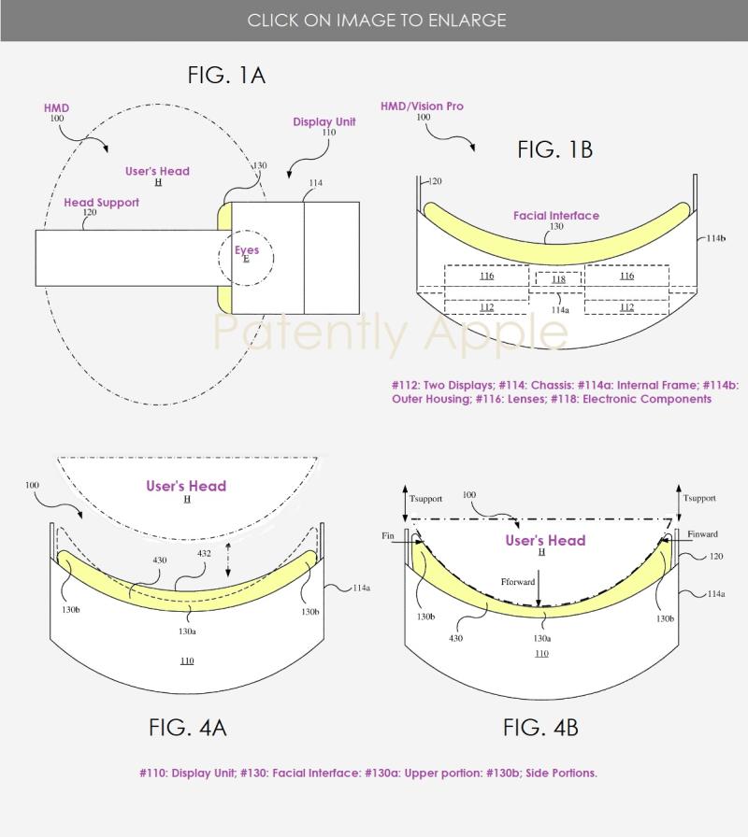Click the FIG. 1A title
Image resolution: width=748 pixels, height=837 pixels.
(x=226, y=75)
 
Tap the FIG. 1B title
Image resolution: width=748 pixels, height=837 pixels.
(x=555, y=149)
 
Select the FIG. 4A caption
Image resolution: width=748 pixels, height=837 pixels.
(x=188, y=728)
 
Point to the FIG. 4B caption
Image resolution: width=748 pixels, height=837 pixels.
(x=540, y=728)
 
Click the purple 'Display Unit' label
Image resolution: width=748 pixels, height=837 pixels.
(x=324, y=121)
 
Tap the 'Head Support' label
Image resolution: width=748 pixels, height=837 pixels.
(x=102, y=203)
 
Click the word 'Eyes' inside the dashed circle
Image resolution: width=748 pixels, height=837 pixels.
(x=247, y=249)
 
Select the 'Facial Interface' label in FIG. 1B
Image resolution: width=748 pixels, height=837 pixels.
(x=556, y=216)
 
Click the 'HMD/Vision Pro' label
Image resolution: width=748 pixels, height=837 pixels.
(x=422, y=106)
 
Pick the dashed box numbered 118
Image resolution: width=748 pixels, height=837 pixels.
(x=558, y=279)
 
